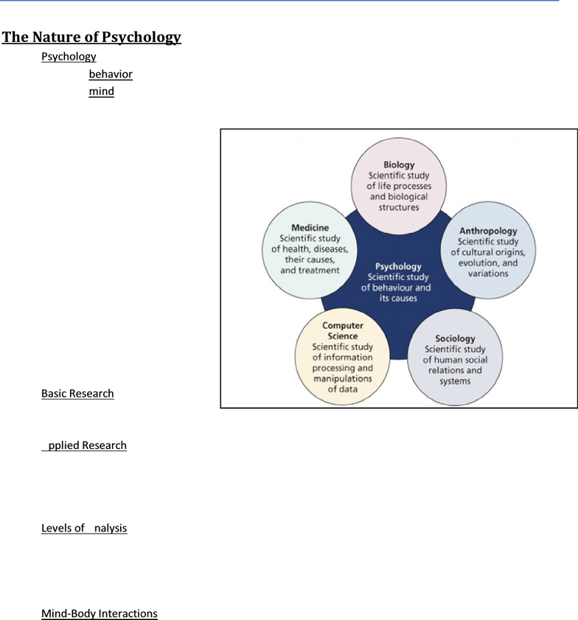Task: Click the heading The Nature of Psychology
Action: (x=91, y=37)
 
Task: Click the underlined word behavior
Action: (x=111, y=74)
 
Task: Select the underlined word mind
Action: (x=102, y=91)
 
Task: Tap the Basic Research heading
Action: (x=77, y=394)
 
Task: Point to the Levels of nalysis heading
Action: (x=84, y=528)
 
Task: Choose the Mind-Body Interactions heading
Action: (x=100, y=613)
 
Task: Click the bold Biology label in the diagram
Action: (x=399, y=165)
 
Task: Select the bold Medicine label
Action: (x=310, y=228)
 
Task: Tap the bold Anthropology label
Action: (x=488, y=231)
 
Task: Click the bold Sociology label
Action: (x=455, y=338)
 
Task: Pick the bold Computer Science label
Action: (x=342, y=330)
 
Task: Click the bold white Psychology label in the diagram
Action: (x=398, y=267)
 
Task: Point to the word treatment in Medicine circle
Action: (x=319, y=271)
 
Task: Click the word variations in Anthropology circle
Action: (x=488, y=274)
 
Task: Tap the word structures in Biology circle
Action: (x=399, y=207)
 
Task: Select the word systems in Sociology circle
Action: (x=455, y=382)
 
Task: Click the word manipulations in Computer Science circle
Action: (x=342, y=378)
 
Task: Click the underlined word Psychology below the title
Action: (x=69, y=57)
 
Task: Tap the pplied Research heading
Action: (x=84, y=445)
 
